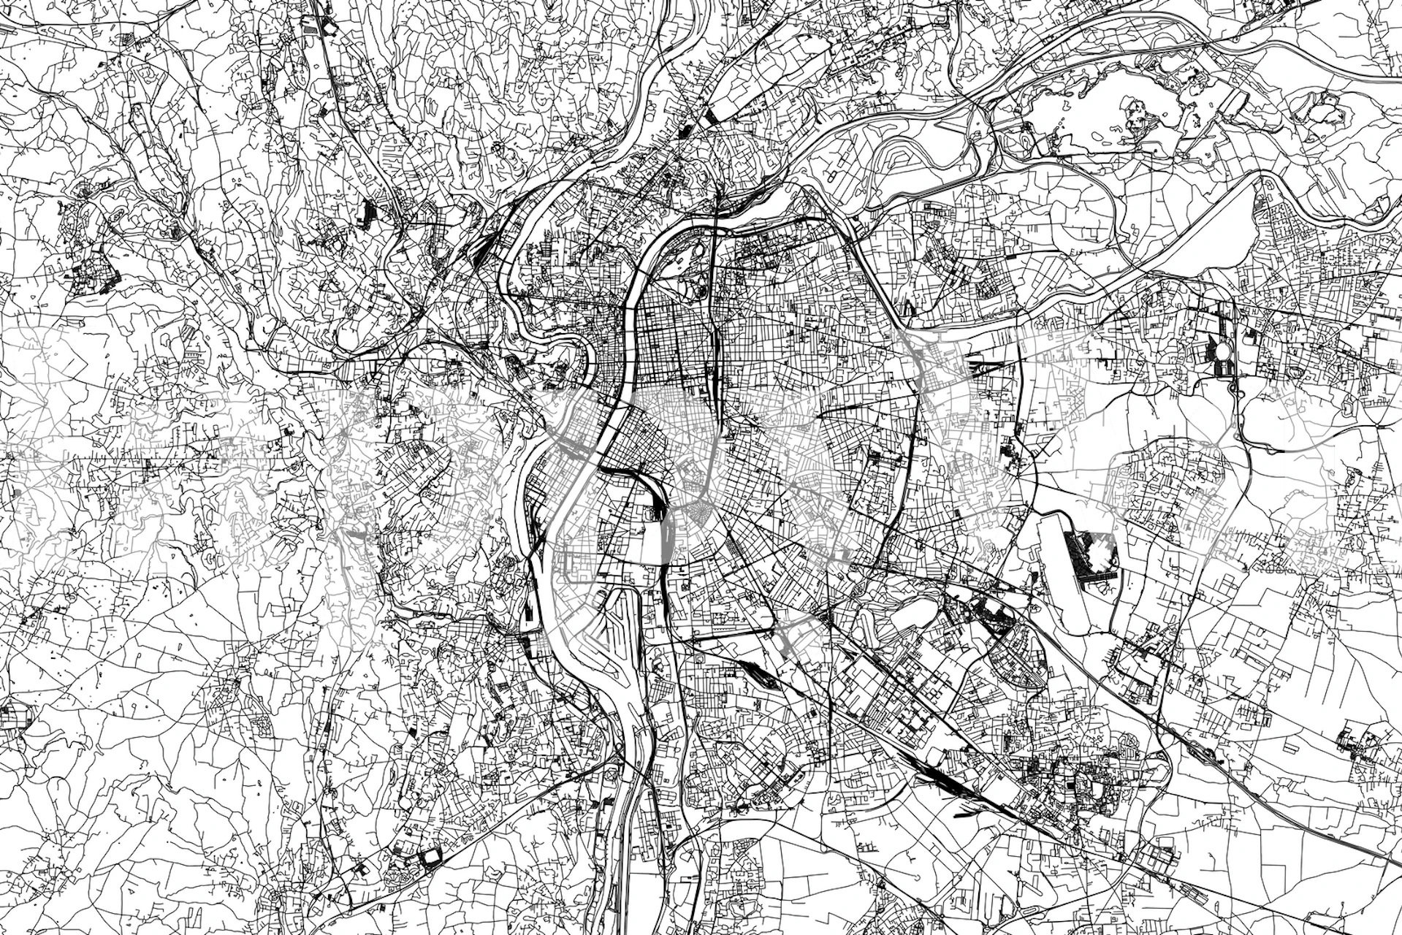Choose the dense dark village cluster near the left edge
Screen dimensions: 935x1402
point(95,278)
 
